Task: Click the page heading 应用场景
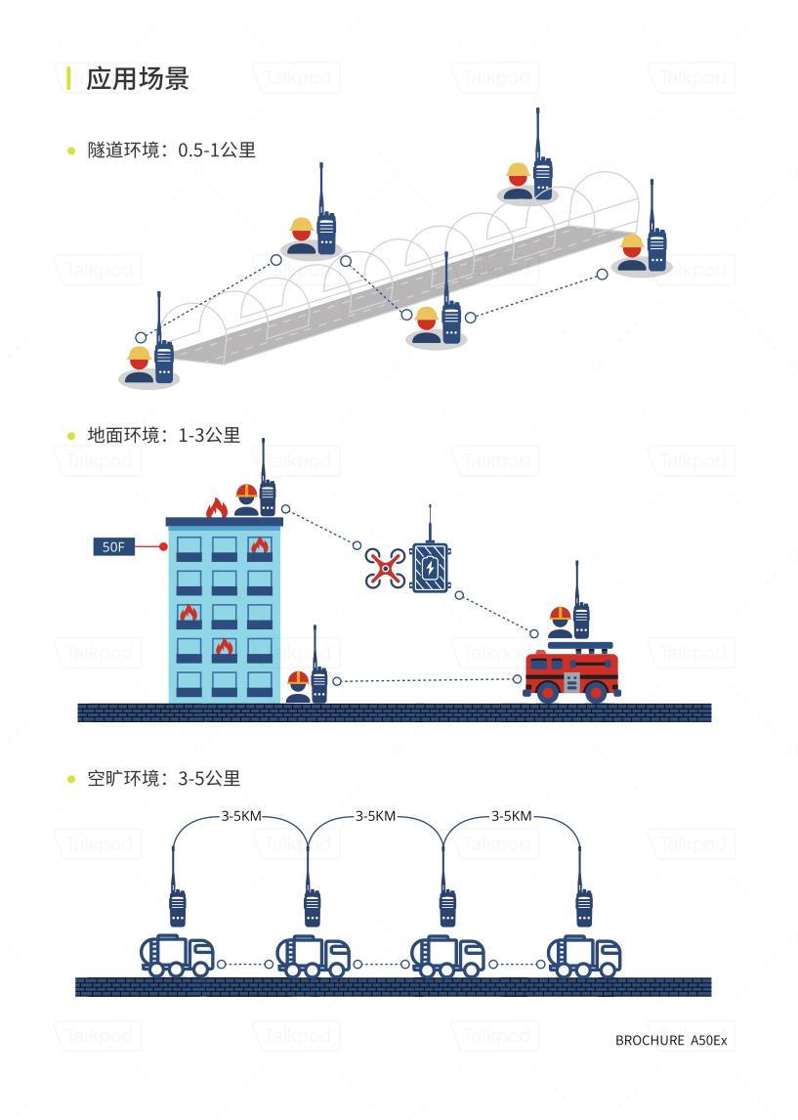pos(137,78)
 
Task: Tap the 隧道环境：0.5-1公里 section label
pos(171,151)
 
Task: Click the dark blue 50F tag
pos(113,546)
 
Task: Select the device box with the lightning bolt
pos(430,567)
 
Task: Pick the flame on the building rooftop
pos(216,507)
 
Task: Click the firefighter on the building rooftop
pos(246,499)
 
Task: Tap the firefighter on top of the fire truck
pos(560,624)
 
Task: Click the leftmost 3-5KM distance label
pos(240,816)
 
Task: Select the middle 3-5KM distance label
pos(375,816)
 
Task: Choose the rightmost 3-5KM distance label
pos(511,816)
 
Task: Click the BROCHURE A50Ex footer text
pos(671,1041)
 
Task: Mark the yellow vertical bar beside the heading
pos(68,78)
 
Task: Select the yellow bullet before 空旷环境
pos(71,779)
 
